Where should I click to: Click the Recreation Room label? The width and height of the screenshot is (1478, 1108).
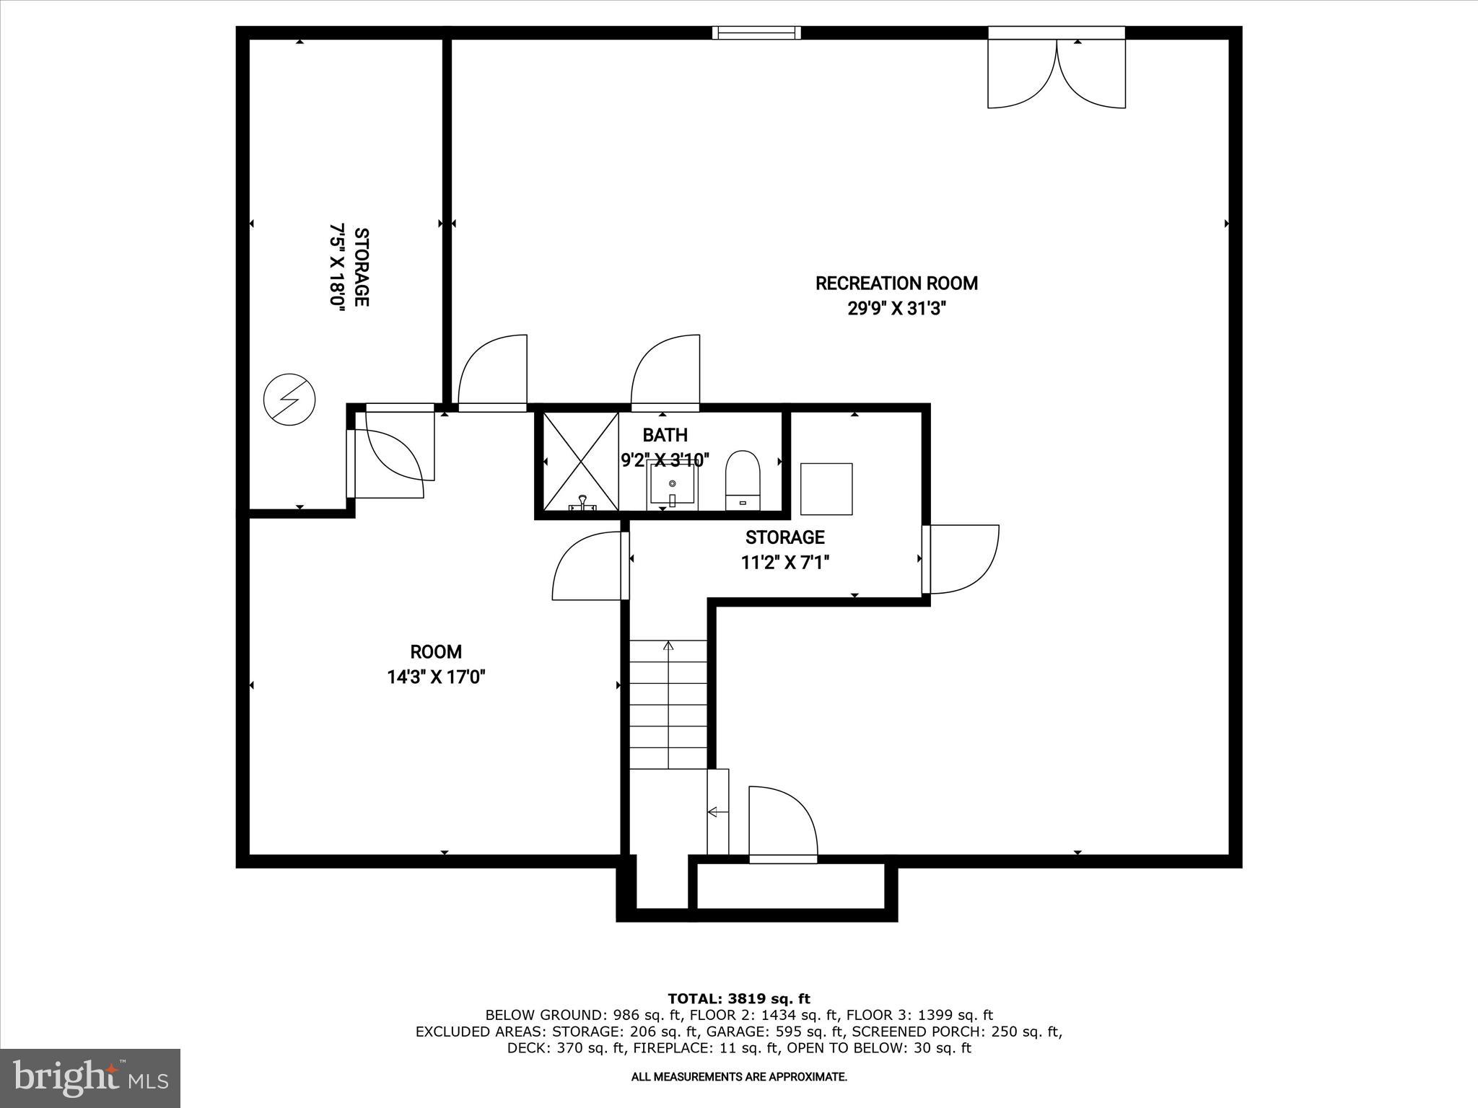pyautogui.click(x=896, y=283)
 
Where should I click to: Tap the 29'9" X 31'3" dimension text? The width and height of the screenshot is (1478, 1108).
pyautogui.click(x=896, y=309)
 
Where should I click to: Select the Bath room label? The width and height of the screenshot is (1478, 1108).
pyautogui.click(x=665, y=435)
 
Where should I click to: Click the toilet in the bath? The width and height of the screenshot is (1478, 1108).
pyautogui.click(x=743, y=480)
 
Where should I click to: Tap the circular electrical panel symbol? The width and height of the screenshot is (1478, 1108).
pyautogui.click(x=289, y=399)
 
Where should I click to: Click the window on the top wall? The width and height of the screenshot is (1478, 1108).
pyautogui.click(x=756, y=32)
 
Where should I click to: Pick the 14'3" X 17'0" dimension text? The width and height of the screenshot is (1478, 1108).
pyautogui.click(x=436, y=677)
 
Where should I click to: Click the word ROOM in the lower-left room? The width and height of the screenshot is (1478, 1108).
pyautogui.click(x=436, y=652)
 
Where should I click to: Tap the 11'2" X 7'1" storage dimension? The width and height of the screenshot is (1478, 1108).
pyautogui.click(x=784, y=563)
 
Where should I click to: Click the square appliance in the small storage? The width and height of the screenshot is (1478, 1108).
pyautogui.click(x=826, y=489)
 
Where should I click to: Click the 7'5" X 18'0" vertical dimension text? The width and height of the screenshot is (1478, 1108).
pyautogui.click(x=337, y=267)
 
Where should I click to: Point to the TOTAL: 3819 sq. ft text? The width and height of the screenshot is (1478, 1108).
pyautogui.click(x=738, y=998)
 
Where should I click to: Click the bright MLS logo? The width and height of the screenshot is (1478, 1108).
pyautogui.click(x=90, y=1078)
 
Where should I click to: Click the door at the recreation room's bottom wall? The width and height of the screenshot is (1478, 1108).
pyautogui.click(x=783, y=822)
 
